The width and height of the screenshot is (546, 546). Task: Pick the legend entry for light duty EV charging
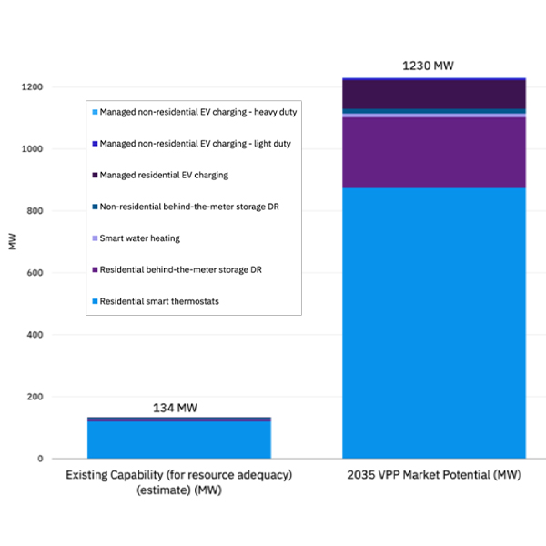coord(195,144)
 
